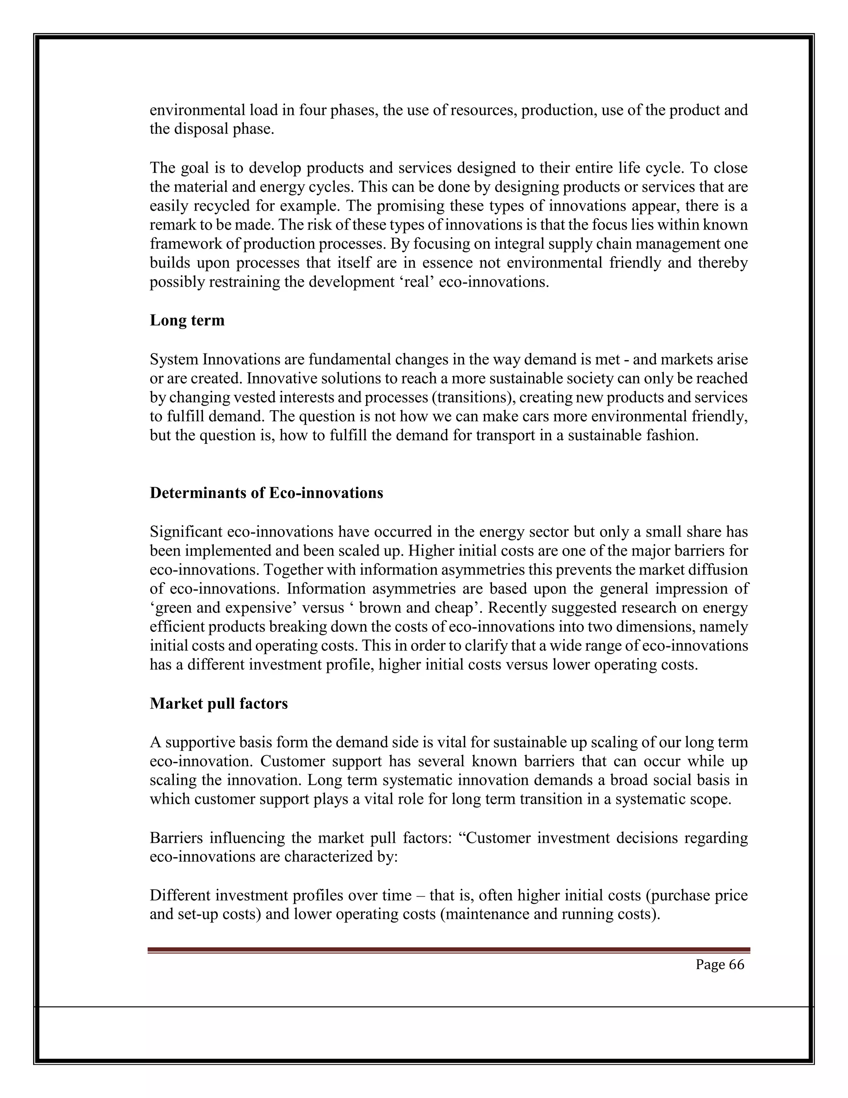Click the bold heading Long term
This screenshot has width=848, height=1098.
click(x=187, y=320)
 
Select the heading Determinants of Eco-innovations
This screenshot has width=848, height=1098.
click(x=266, y=493)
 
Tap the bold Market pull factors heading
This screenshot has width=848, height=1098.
click(x=219, y=704)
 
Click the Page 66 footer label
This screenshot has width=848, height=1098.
click(x=719, y=975)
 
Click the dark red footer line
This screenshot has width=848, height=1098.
click(x=448, y=950)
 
